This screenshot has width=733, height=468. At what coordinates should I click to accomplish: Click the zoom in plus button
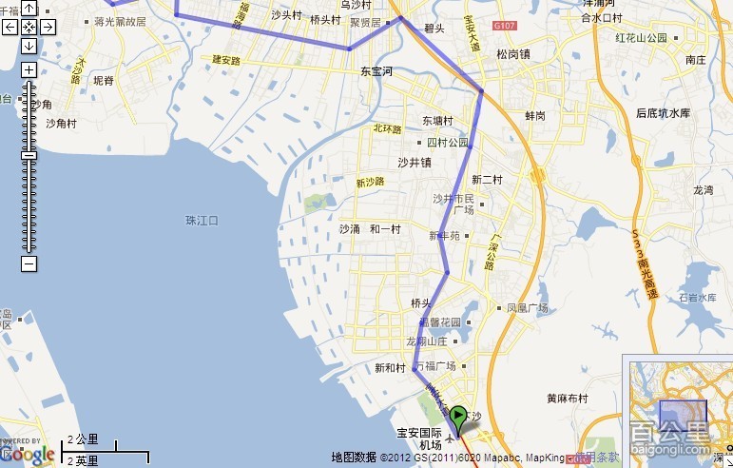tap(29, 69)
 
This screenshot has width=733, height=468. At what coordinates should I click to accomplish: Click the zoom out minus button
tap(29, 263)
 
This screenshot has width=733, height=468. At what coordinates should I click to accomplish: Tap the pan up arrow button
tap(29, 10)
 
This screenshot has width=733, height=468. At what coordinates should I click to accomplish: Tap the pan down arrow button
tap(29, 45)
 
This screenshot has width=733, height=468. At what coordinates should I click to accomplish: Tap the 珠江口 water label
tap(203, 221)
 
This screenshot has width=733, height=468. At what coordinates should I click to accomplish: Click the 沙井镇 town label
tap(415, 163)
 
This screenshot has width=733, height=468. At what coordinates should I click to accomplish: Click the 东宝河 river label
tap(376, 71)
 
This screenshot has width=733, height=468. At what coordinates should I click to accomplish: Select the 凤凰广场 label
tap(528, 308)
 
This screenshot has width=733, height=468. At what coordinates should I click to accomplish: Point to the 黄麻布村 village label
tap(568, 399)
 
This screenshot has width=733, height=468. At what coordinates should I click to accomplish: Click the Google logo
tap(29, 455)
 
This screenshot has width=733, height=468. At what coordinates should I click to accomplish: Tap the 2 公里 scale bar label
tap(83, 440)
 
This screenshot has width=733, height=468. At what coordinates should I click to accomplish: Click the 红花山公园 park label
tap(642, 38)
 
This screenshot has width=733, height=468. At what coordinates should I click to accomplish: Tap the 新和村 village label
tap(391, 368)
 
